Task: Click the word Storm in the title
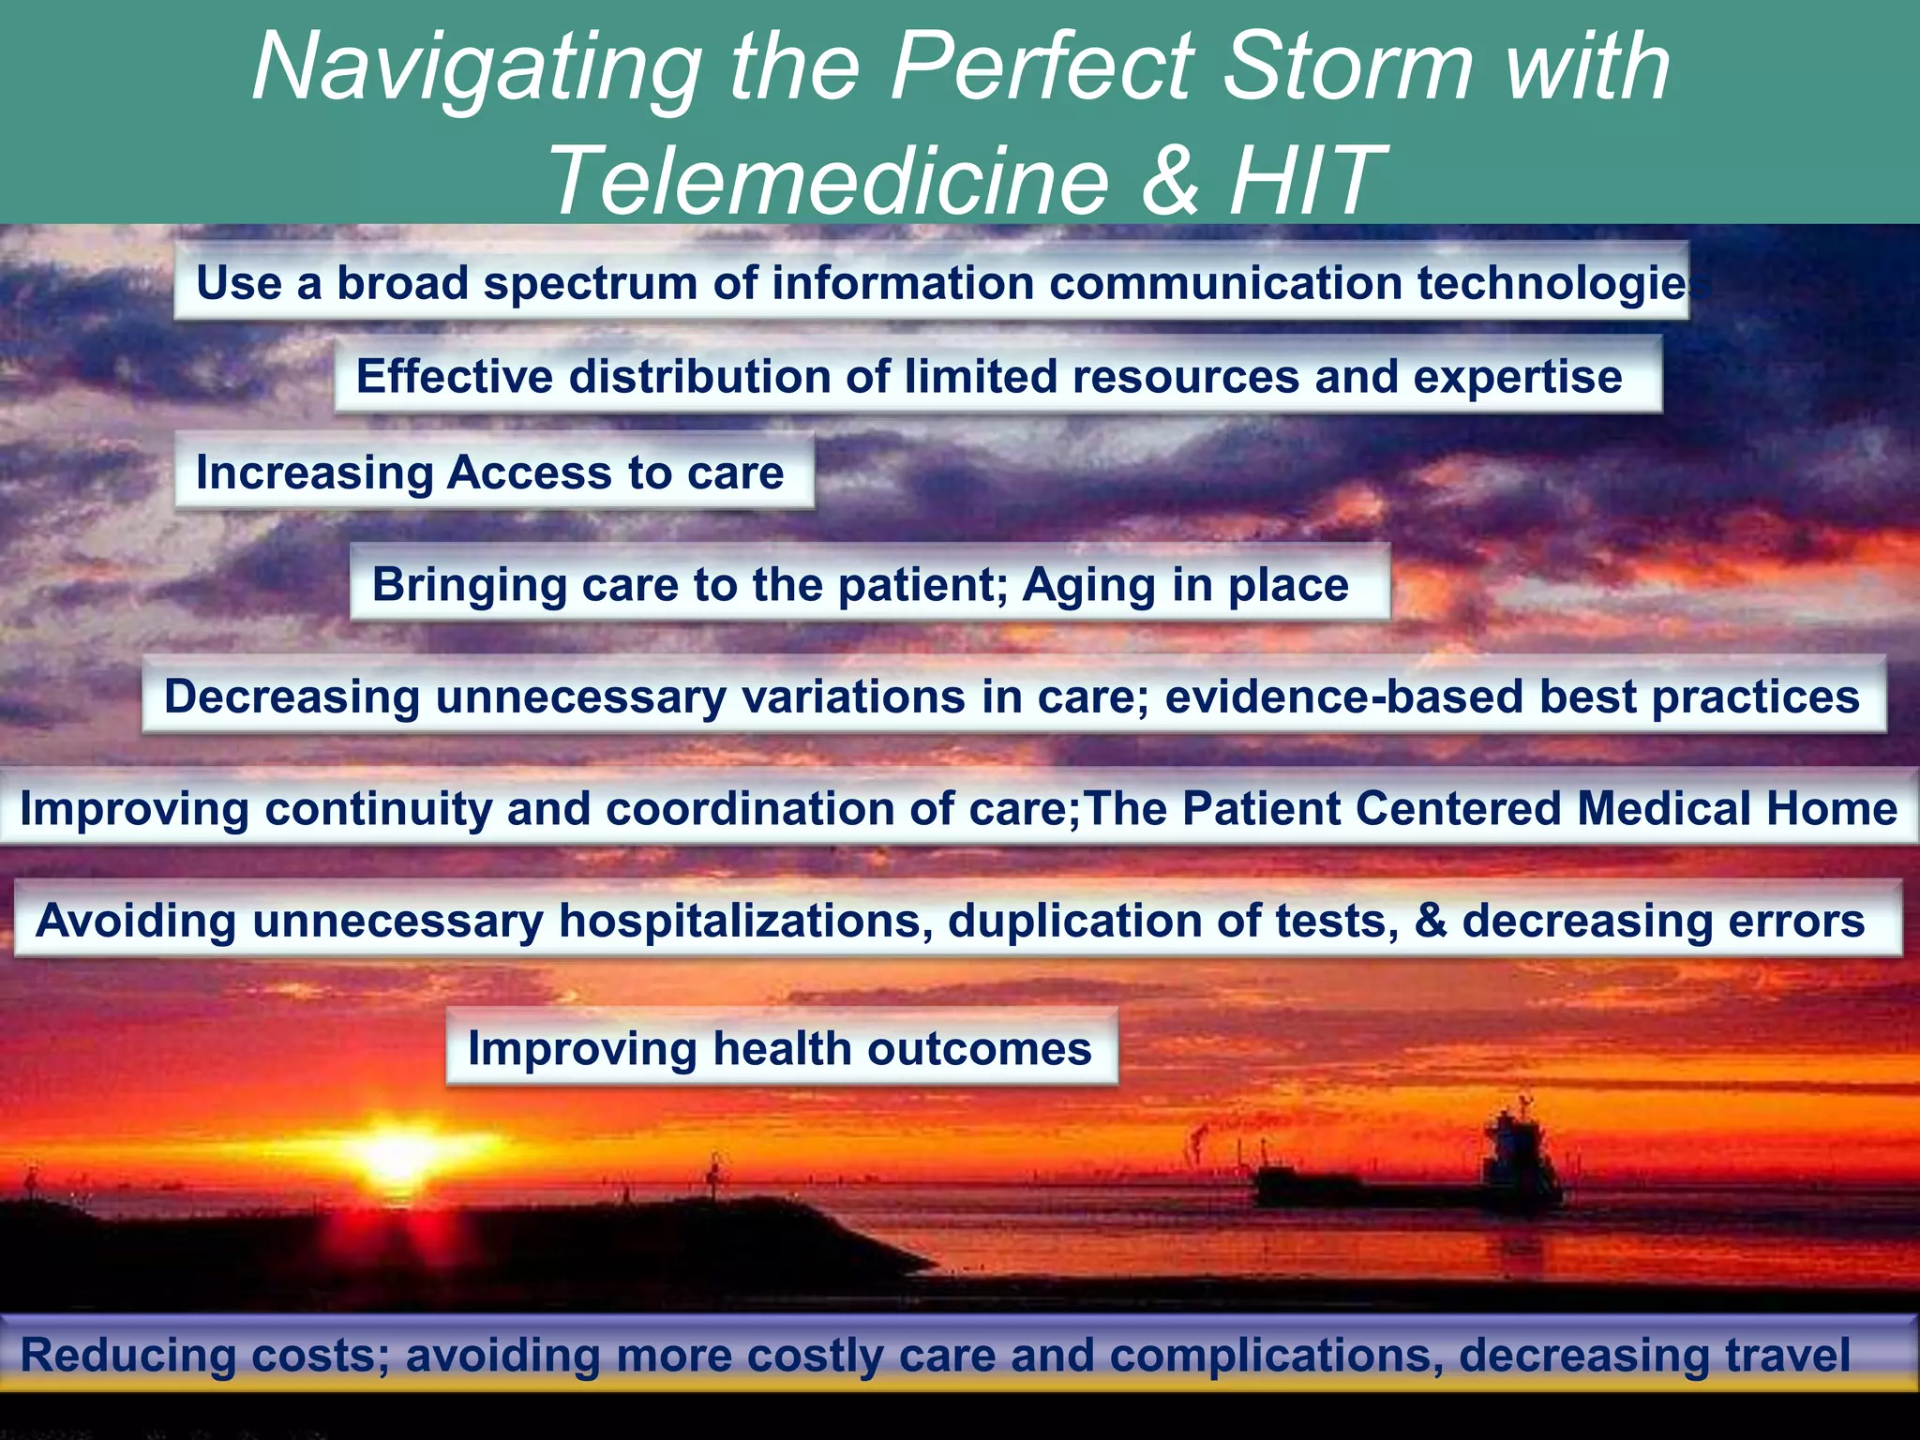point(1350,67)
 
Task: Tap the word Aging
point(1087,585)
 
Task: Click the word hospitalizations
point(745,921)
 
